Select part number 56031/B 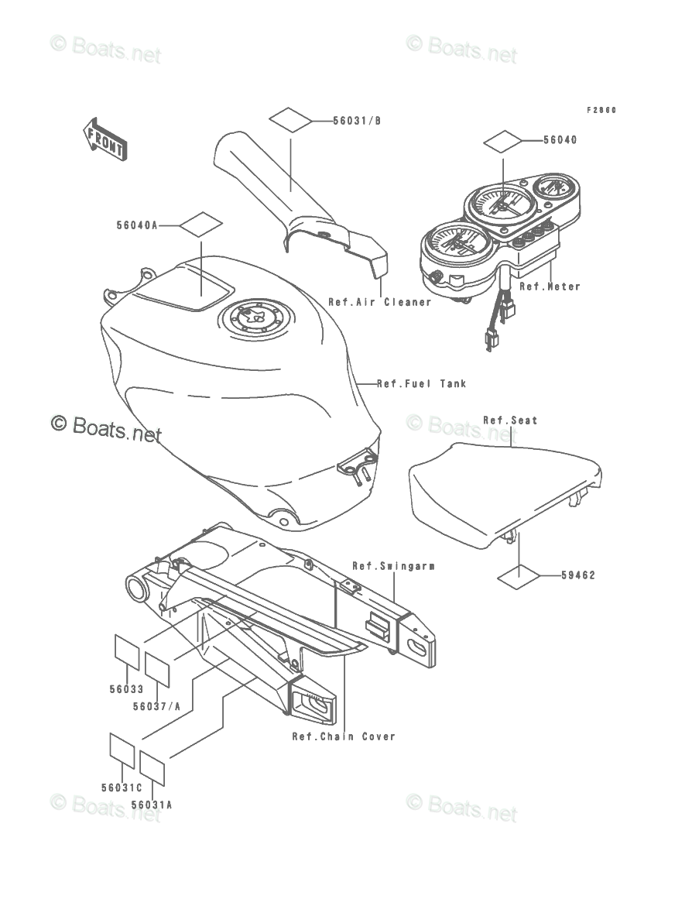click(x=357, y=121)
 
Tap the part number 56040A click(x=137, y=225)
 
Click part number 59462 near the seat click(x=580, y=575)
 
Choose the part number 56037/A click(x=156, y=705)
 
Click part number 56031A click(x=152, y=804)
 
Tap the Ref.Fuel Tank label click(x=422, y=383)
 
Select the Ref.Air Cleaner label click(x=379, y=302)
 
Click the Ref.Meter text click(x=550, y=287)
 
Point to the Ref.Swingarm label click(x=393, y=566)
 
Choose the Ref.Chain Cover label click(x=344, y=736)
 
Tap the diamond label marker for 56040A click(x=201, y=225)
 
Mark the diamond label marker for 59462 click(x=518, y=575)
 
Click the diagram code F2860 click(x=601, y=110)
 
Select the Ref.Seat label click(x=510, y=420)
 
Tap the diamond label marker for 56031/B click(x=290, y=121)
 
